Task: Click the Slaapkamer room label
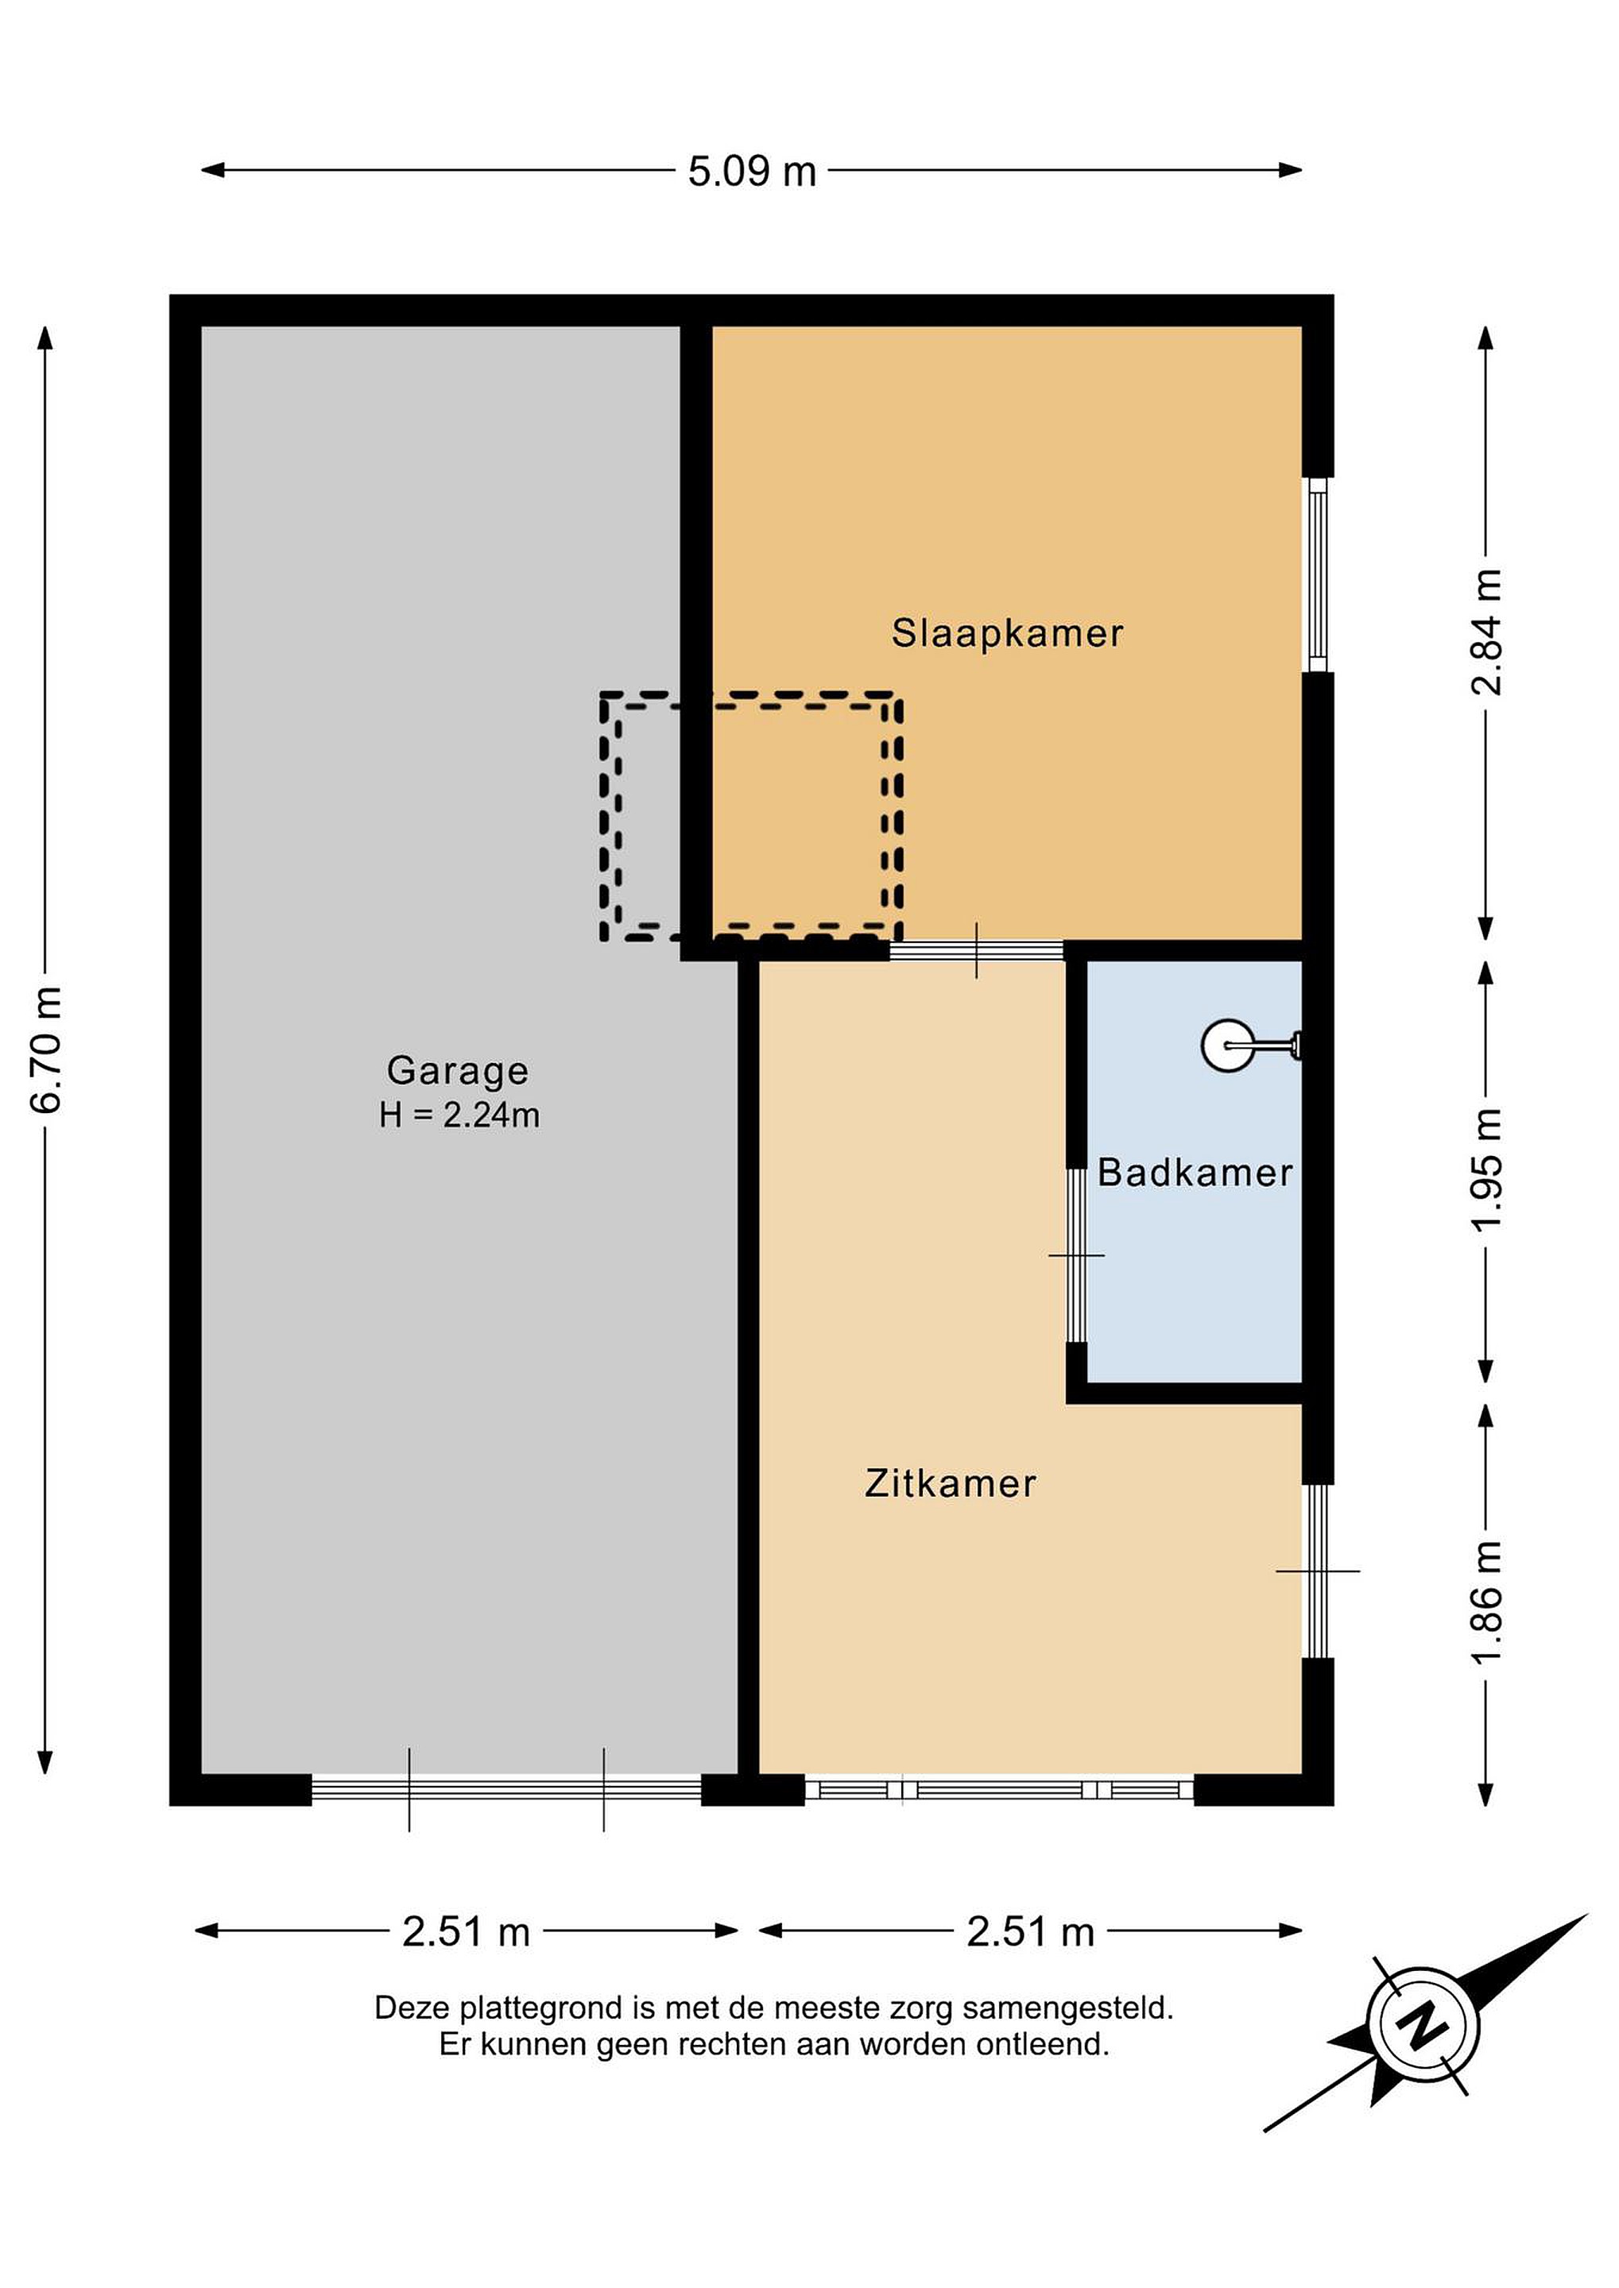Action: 1007,634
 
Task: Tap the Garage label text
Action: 458,1071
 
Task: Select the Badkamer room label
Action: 1195,1173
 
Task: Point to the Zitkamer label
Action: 950,1484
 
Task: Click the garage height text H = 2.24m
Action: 459,1115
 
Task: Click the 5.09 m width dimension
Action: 752,172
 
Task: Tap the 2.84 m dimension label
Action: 1486,632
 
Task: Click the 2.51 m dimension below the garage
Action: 466,1932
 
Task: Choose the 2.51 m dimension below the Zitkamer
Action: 1031,1932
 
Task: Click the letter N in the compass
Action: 1423,2025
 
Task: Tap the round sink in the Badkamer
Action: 1227,1045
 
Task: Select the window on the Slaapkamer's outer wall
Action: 1318,575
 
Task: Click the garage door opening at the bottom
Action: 506,1790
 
